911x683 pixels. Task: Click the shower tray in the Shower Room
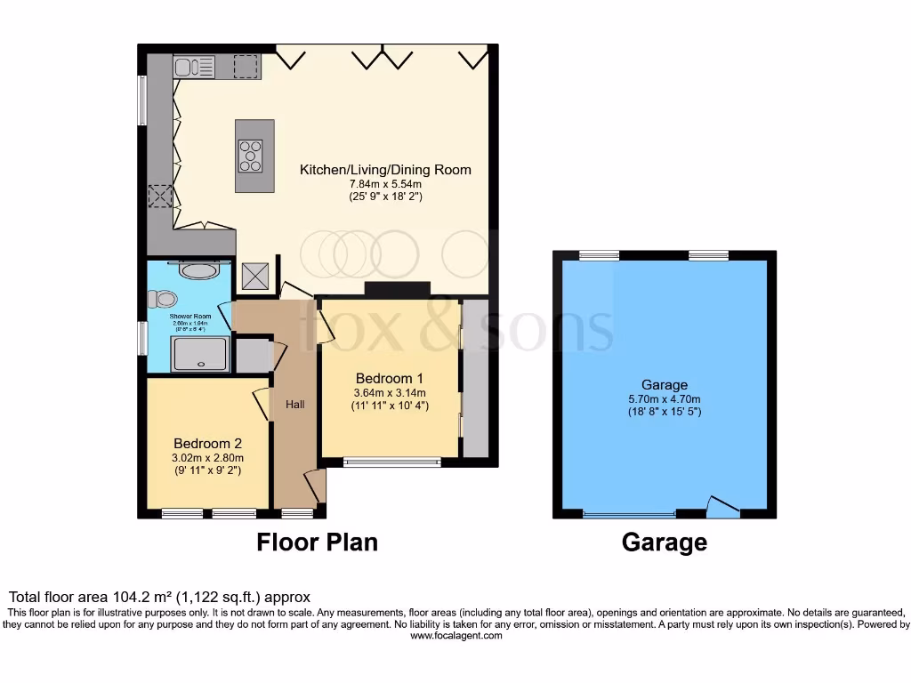203,355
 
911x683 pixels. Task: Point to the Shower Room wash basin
198,270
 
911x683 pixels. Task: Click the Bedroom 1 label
390,376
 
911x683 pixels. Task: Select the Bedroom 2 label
207,443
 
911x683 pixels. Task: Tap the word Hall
295,405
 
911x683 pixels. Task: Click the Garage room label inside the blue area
665,385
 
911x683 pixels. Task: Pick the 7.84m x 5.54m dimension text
385,184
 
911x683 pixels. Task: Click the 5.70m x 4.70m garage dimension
665,398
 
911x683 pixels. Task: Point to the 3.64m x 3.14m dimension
390,392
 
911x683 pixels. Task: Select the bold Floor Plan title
318,542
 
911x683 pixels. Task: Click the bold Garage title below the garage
665,542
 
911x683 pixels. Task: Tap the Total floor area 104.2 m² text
159,597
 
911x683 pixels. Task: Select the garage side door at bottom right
722,508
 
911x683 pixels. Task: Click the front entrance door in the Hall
315,486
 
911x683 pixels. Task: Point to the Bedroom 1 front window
392,462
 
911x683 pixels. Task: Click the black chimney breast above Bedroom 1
397,288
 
